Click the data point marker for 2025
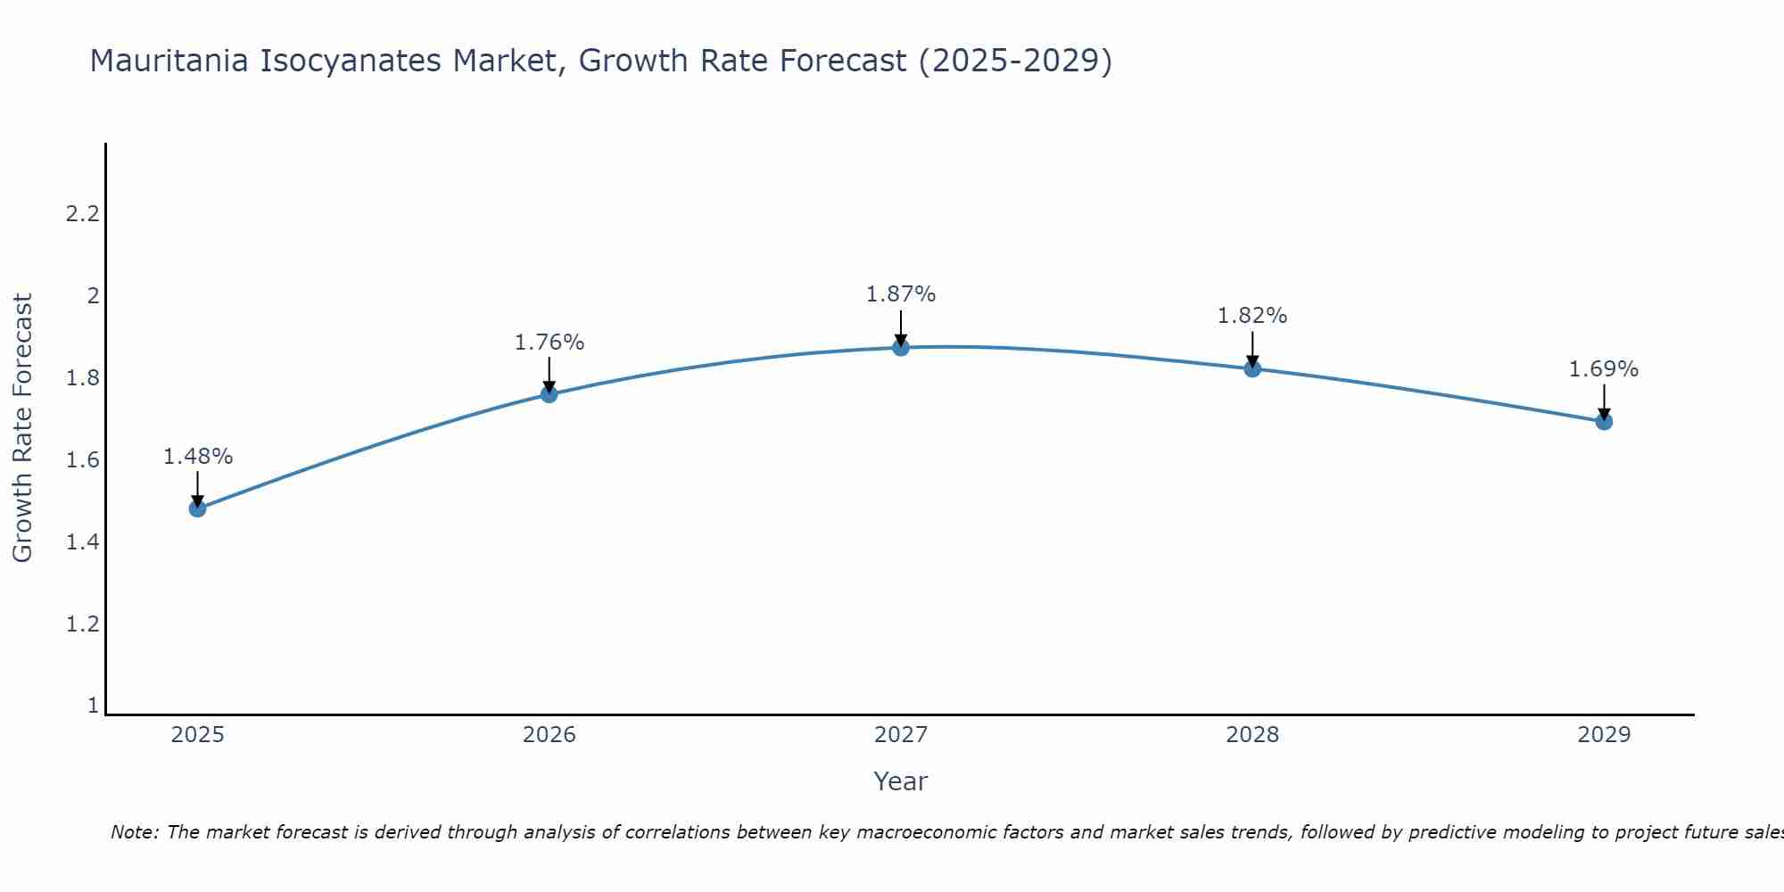point(197,508)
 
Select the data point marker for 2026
point(549,394)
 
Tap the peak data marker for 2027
point(901,347)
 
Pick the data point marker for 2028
point(1252,368)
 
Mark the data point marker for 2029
point(1604,421)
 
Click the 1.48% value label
point(197,457)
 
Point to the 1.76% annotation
point(549,343)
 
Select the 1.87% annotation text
point(901,294)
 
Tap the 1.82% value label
point(1252,316)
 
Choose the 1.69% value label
point(1604,369)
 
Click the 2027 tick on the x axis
point(901,735)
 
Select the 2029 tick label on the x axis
point(1604,735)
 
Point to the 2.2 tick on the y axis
point(82,214)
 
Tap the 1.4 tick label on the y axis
point(82,542)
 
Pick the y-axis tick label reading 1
point(93,706)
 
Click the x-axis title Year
point(900,781)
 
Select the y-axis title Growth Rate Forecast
point(22,428)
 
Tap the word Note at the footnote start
point(134,832)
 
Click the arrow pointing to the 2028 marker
point(1252,349)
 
